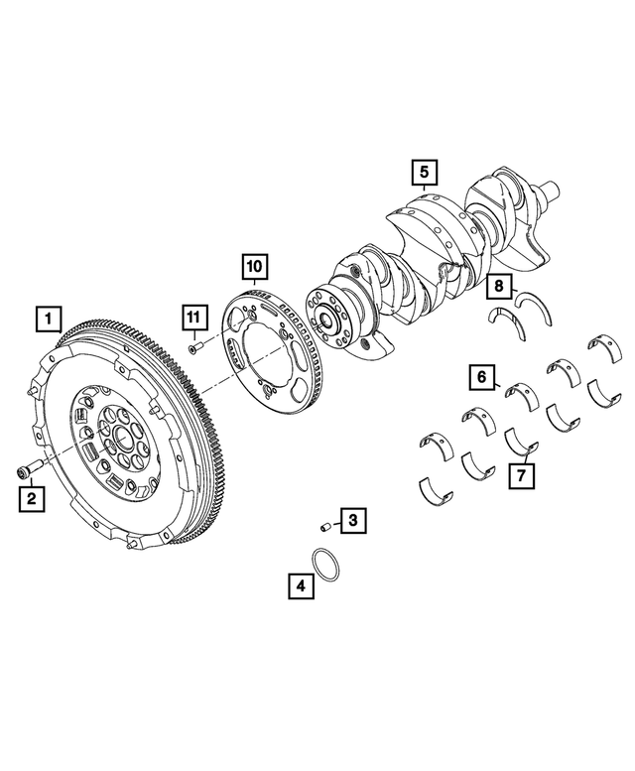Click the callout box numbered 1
[47, 320]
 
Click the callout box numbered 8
[501, 289]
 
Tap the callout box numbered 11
[194, 319]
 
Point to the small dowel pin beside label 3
[323, 526]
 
